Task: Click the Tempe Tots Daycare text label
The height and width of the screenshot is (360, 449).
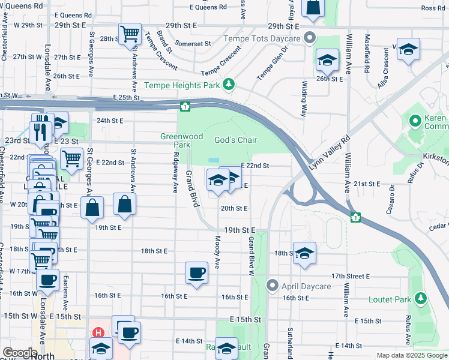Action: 262,38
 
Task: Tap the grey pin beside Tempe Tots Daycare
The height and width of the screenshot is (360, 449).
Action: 310,38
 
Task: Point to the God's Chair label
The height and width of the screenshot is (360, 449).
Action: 236,140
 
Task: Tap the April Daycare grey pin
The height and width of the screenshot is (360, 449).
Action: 273,286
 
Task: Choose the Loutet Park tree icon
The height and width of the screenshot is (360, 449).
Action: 420,298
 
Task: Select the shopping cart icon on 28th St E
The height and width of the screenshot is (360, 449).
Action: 129,34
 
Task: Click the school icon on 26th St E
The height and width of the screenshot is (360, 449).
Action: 327,59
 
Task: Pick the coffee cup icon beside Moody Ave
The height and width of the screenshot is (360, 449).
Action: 196,273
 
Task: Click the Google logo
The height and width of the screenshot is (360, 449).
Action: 19,353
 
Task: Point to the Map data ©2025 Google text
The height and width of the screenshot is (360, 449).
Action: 412,355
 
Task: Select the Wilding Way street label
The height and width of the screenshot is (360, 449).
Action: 304,99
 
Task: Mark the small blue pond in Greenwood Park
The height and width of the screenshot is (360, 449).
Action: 214,160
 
